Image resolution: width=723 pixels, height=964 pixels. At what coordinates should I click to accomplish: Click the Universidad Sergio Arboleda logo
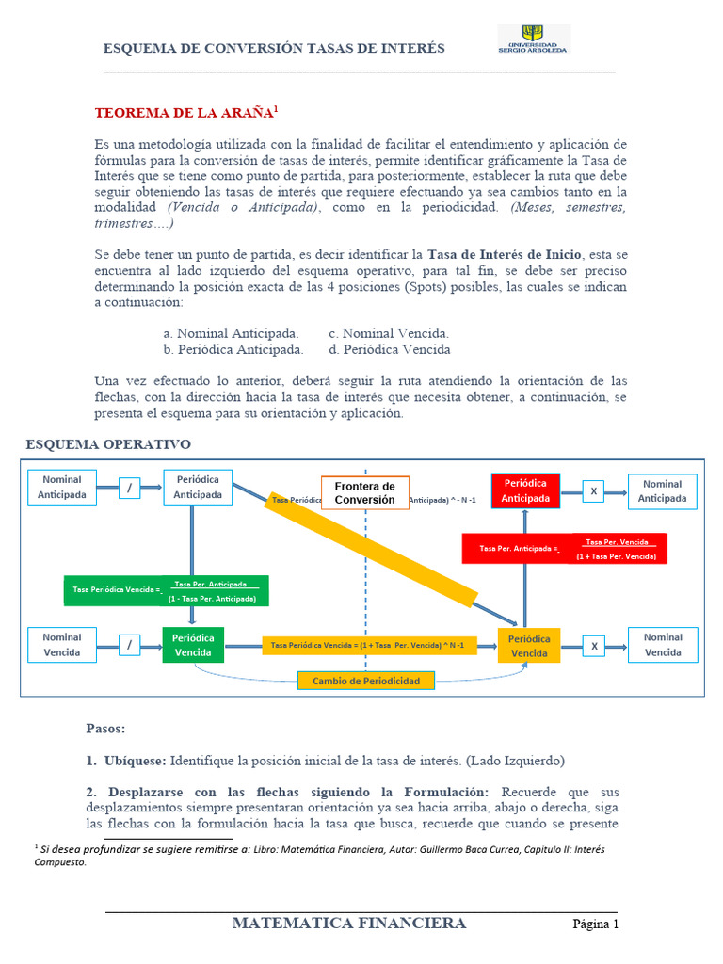(x=533, y=40)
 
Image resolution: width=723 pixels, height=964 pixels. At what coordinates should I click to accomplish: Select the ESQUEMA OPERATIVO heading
(x=107, y=443)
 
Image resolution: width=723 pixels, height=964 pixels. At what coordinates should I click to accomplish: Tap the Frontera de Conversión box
(x=365, y=492)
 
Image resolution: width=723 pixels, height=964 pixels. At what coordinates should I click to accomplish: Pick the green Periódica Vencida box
(x=193, y=645)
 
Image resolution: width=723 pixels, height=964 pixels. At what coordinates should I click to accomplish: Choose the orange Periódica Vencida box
(x=529, y=646)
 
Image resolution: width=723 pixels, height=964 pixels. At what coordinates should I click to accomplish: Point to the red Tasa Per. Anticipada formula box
(x=564, y=549)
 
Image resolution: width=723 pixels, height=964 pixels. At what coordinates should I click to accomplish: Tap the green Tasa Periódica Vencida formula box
(x=167, y=591)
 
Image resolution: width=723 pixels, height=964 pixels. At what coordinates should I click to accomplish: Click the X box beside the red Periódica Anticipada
(x=594, y=491)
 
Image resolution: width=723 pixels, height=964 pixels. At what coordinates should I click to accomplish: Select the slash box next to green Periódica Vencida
(x=130, y=645)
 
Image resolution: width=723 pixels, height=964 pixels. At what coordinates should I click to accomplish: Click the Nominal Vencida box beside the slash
(x=62, y=645)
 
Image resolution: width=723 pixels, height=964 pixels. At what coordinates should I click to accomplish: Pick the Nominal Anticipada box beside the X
(x=663, y=490)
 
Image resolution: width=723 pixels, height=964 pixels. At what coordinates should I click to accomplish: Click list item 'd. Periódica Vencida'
(x=389, y=349)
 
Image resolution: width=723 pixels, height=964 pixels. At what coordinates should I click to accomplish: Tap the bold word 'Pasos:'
(x=105, y=729)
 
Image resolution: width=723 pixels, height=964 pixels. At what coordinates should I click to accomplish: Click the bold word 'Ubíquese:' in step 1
(x=137, y=760)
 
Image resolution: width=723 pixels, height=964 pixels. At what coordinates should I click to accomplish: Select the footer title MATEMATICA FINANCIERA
(x=349, y=924)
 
